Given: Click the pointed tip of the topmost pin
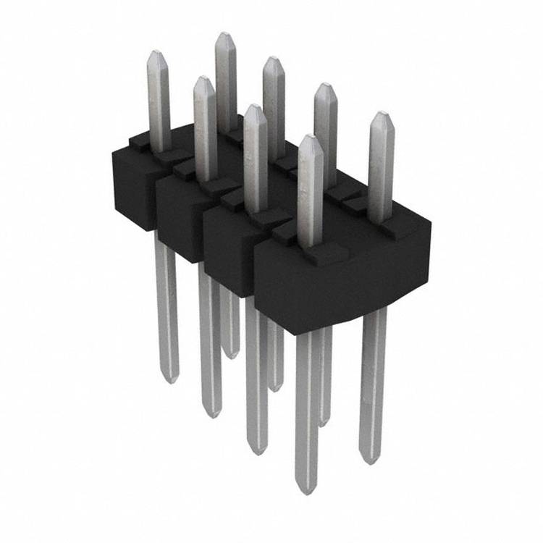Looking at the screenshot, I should (x=226, y=34).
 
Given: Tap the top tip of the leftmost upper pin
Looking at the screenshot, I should (x=157, y=52).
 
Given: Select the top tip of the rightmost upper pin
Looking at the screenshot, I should (x=382, y=114).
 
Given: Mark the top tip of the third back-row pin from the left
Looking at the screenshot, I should (x=325, y=86).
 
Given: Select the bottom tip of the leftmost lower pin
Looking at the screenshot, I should (x=168, y=378).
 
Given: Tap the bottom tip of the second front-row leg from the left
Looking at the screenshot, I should (x=210, y=414).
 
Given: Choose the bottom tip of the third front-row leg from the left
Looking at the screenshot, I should (x=257, y=451).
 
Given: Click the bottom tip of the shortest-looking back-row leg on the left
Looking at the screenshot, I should (x=230, y=355).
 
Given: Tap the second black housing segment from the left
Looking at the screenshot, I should (x=177, y=217).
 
